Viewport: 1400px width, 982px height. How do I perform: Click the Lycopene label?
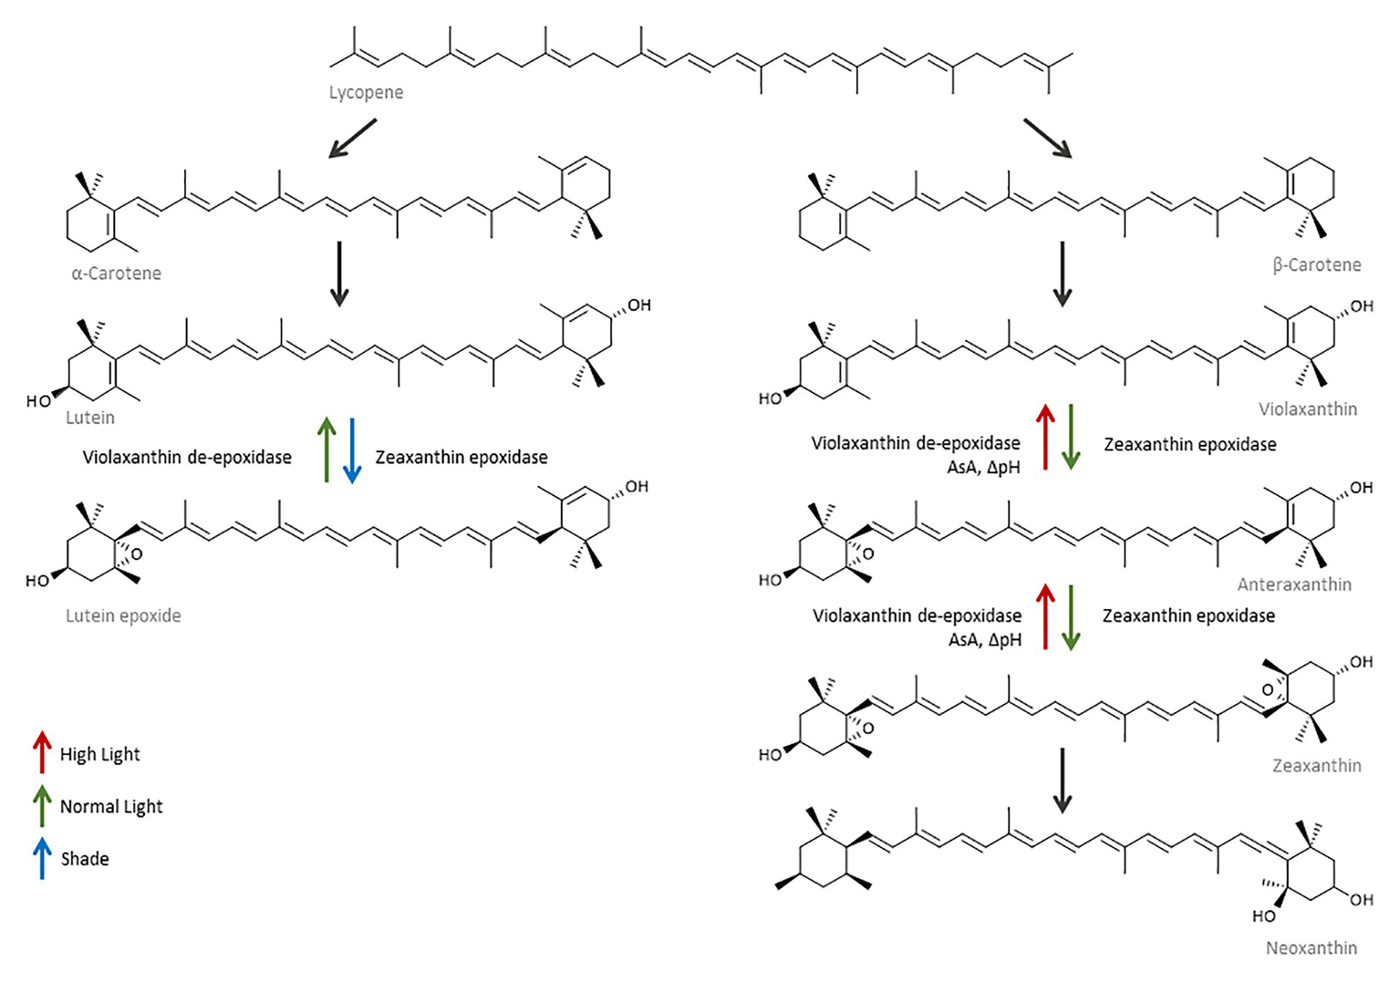tap(366, 92)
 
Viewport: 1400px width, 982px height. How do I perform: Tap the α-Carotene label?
tap(116, 273)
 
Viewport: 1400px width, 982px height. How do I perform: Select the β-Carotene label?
tap(1316, 264)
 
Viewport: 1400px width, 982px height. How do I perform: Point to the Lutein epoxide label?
tap(123, 615)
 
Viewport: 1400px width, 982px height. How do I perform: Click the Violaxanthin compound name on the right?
tap(1307, 408)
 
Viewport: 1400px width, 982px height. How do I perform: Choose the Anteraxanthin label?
tap(1293, 584)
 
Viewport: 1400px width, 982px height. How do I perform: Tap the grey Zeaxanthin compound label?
tap(1316, 765)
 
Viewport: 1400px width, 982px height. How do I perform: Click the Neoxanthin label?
tap(1311, 947)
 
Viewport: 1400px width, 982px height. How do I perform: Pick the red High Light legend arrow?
tap(42, 752)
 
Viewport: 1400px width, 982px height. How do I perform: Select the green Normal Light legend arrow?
tap(42, 805)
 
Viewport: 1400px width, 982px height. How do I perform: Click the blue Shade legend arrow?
tap(42, 858)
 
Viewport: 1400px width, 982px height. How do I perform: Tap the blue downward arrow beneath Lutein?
tap(352, 450)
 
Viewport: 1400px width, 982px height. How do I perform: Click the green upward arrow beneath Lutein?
tap(327, 450)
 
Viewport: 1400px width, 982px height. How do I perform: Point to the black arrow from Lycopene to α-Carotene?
tap(352, 139)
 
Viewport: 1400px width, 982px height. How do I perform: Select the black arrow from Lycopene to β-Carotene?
tap(1047, 139)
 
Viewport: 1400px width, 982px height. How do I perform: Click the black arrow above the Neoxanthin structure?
tap(1062, 780)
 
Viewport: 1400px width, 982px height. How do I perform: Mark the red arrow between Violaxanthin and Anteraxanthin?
tap(1045, 438)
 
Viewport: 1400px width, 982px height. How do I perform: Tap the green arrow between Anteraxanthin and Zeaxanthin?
tap(1071, 617)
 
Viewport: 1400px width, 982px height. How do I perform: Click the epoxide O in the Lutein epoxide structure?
tap(136, 553)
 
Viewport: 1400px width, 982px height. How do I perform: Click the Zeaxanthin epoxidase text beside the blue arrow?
tap(461, 457)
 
